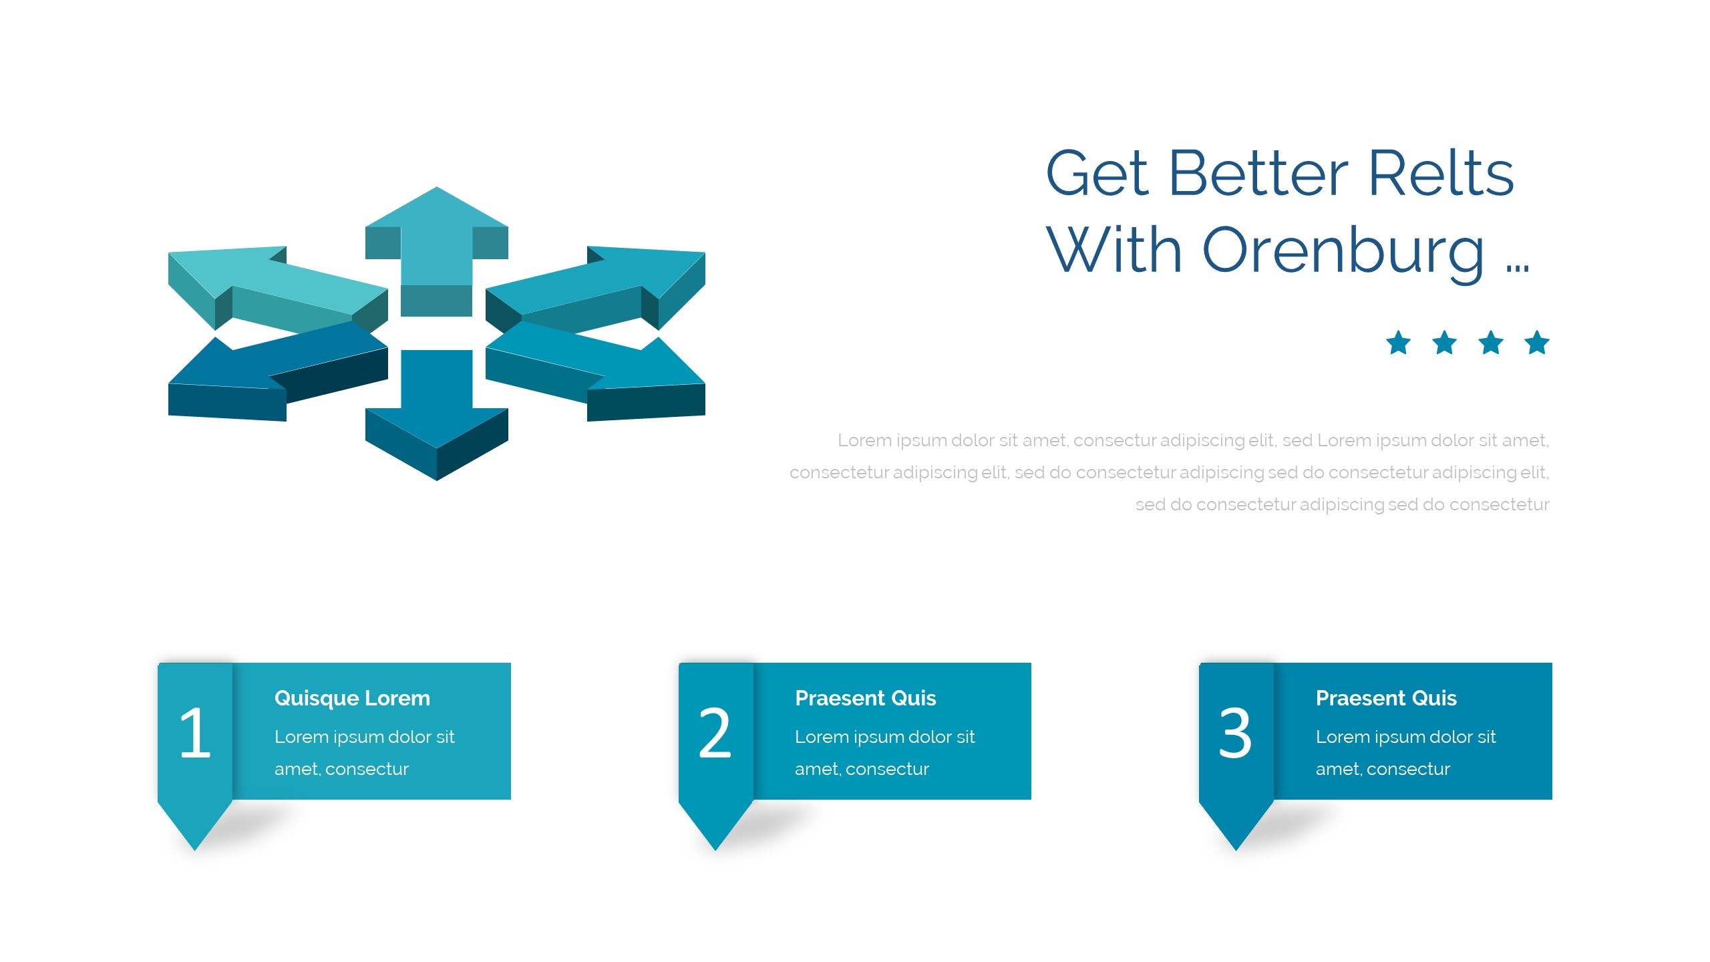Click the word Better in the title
click(x=1258, y=173)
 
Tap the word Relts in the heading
click(x=1441, y=173)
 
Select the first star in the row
click(x=1398, y=343)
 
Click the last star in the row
click(x=1537, y=343)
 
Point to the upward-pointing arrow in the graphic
click(x=437, y=251)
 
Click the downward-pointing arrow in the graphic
click(x=437, y=414)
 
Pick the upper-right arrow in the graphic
click(x=594, y=289)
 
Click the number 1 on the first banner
click(x=195, y=733)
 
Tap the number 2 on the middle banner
click(x=715, y=733)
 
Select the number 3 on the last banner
click(x=1235, y=733)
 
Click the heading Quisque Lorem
click(x=352, y=699)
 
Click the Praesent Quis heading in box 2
click(x=866, y=698)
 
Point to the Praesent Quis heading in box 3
click(x=1386, y=698)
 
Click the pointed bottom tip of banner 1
click(x=195, y=850)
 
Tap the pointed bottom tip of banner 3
click(x=1236, y=850)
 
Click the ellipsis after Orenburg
click(x=1518, y=268)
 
